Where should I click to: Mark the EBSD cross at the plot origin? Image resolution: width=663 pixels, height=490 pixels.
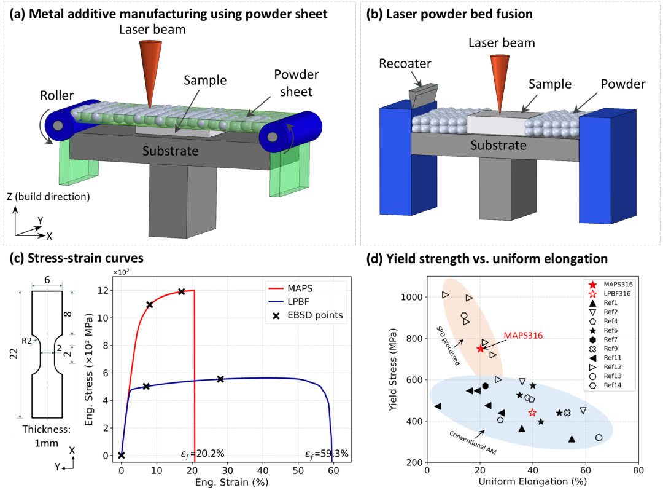tap(122, 456)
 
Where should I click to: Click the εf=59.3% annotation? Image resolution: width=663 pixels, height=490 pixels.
tap(327, 454)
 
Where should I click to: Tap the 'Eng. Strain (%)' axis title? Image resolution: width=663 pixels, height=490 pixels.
tap(227, 483)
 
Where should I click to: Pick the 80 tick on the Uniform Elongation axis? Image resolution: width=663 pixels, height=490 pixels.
tap(638, 469)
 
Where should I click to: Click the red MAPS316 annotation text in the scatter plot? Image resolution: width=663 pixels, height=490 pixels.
tap(524, 335)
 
